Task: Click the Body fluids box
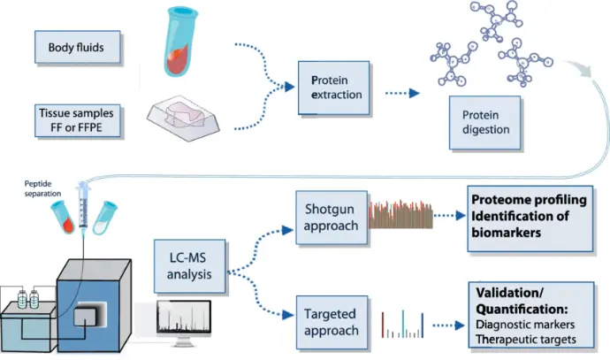pos(78,47)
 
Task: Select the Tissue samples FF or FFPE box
pos(78,120)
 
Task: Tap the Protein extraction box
pos(334,88)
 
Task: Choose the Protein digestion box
pos(484,123)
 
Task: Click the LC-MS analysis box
pos(189,266)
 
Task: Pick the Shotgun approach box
pos(332,218)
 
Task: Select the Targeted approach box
pos(332,322)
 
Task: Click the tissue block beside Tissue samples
pos(183,119)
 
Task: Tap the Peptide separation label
pos(42,188)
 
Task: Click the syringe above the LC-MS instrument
pos(83,206)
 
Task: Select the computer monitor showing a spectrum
pos(184,322)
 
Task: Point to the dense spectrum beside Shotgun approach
pos(400,214)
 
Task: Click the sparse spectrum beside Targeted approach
pos(402,325)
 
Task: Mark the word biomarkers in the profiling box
pos(507,233)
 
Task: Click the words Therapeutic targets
pos(526,340)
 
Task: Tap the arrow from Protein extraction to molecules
pos(402,93)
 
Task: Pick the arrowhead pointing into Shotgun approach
pos(287,230)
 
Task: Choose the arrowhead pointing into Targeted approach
pos(288,315)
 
